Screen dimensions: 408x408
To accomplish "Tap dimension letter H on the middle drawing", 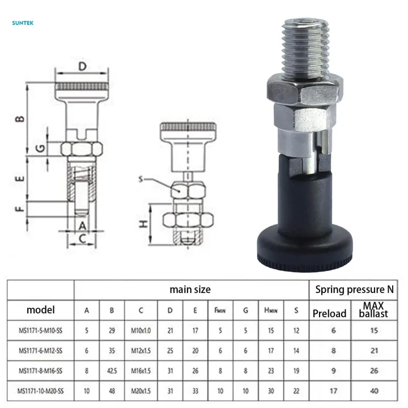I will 144,224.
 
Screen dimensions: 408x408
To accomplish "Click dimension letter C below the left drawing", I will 82,239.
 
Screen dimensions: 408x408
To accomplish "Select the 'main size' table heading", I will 190,289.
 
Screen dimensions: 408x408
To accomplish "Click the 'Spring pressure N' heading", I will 355,289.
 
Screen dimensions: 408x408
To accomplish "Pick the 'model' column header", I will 41,310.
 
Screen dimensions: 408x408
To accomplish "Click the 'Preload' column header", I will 329,313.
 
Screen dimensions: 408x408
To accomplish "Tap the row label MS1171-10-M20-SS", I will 40,390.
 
